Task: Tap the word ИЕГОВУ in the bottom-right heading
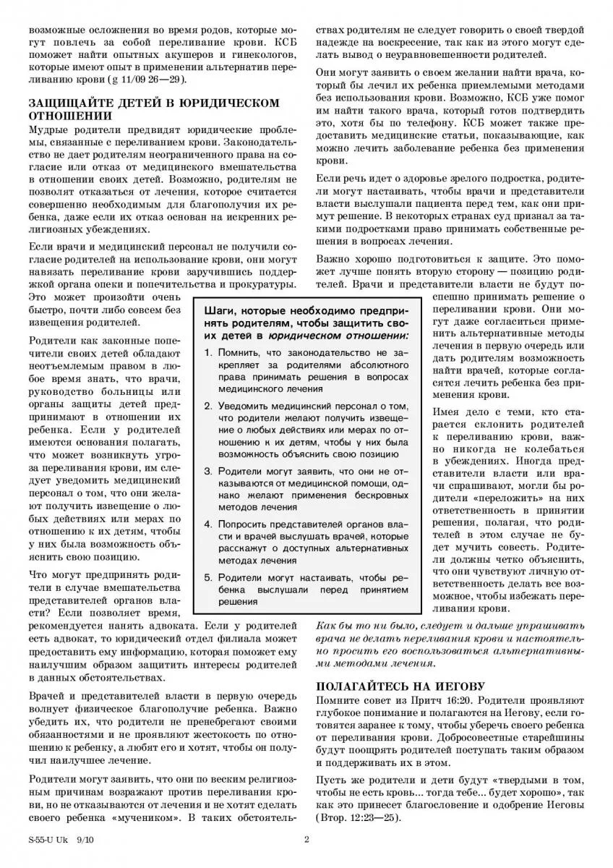(457, 686)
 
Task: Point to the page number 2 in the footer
(306, 840)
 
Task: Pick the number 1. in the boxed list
(208, 352)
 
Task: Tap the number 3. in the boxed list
(208, 472)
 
